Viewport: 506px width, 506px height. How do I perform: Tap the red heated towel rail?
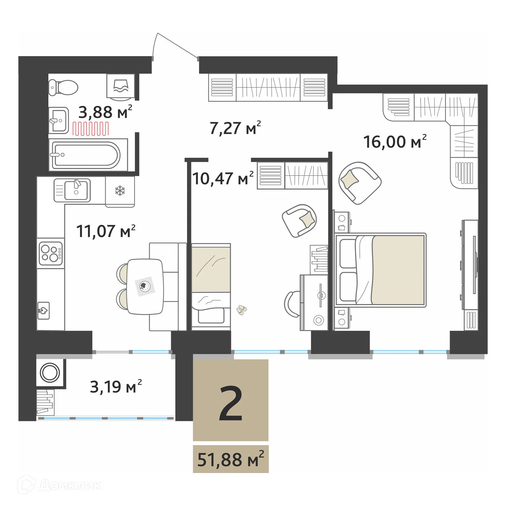[x=91, y=129]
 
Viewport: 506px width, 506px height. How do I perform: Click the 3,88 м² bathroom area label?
[x=105, y=112]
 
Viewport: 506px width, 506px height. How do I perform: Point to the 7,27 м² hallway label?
[x=235, y=128]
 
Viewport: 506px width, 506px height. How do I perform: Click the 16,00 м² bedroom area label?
[x=395, y=142]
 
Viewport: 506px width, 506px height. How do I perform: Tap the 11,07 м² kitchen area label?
[x=106, y=231]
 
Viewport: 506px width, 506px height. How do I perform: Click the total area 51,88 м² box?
[x=231, y=459]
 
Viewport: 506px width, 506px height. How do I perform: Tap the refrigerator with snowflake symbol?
[x=120, y=191]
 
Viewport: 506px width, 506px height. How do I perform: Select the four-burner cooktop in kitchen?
[x=51, y=252]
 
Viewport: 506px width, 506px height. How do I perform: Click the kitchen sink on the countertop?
[x=76, y=190]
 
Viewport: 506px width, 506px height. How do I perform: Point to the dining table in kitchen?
[x=145, y=286]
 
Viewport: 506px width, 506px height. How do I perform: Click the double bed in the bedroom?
[x=381, y=270]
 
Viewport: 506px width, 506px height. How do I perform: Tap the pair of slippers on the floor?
[x=241, y=310]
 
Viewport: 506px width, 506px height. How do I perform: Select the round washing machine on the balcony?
[x=49, y=373]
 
